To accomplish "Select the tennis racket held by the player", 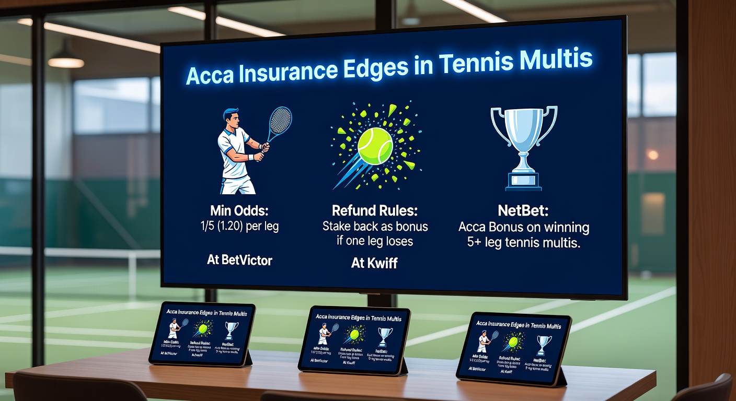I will pos(279,123).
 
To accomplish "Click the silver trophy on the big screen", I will pos(523,144).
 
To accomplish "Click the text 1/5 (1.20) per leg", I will pos(239,228).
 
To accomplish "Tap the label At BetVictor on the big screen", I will pos(239,260).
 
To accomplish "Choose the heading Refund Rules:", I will pos(374,211).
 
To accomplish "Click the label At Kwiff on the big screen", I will pos(374,263).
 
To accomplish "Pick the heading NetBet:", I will pos(523,212).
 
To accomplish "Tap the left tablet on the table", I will pos(202,334).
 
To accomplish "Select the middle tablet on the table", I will pos(355,340).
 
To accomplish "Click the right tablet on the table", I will pos(513,348).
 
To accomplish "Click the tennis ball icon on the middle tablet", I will pos(354,334).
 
